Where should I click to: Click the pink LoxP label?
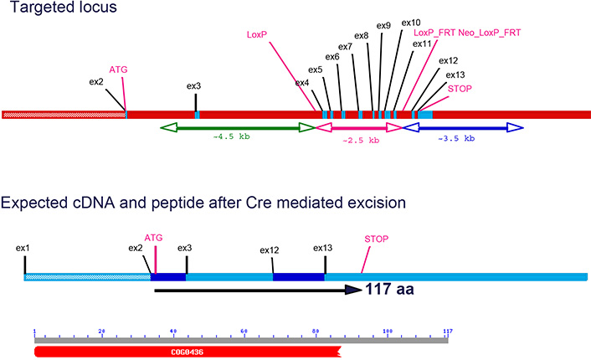257,36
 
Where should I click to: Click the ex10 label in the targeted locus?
411,22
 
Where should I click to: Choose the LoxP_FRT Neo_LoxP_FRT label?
467,33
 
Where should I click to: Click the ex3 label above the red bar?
194,85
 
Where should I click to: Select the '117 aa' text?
391,291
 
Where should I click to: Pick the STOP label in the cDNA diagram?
377,239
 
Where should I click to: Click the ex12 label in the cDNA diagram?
270,249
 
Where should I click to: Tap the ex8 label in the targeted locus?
362,36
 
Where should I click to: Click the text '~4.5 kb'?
230,138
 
